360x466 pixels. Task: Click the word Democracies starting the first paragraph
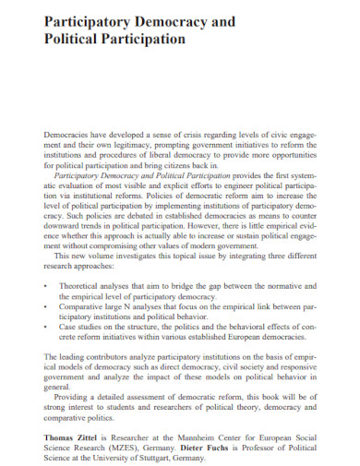[x=68, y=134]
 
